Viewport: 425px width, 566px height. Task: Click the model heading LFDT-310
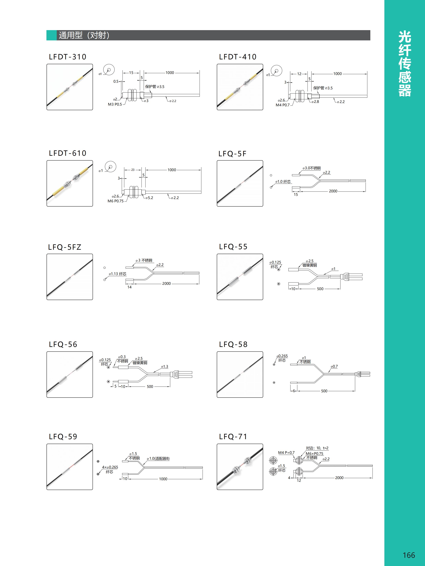(68, 57)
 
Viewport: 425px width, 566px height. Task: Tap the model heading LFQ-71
(233, 437)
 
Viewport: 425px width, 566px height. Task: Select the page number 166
(409, 555)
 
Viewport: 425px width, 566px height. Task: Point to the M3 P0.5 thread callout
(115, 104)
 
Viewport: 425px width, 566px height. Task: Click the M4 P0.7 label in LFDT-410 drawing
(283, 105)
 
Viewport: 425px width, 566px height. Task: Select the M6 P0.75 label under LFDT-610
(116, 201)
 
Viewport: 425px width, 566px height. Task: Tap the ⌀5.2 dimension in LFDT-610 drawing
(149, 198)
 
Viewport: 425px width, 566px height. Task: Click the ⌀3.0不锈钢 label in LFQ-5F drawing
(312, 168)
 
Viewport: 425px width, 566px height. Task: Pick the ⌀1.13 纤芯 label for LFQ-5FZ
(118, 274)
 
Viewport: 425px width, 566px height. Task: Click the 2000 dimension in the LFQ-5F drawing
(333, 191)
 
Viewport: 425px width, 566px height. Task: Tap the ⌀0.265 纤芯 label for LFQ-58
(282, 358)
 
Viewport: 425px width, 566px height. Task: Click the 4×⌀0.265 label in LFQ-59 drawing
(110, 467)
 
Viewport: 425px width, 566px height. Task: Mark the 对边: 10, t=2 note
(317, 448)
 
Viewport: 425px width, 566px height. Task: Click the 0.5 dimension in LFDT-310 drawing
(116, 81)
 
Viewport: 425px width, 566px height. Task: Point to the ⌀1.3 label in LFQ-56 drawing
(165, 367)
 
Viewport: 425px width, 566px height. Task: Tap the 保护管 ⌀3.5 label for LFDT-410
(323, 88)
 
